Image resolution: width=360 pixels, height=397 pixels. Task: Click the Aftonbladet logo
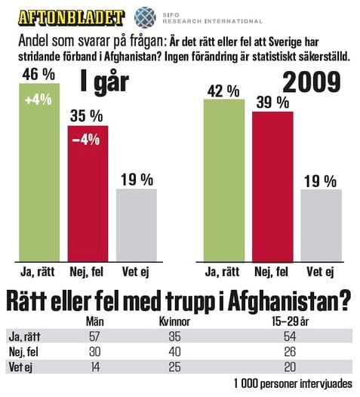point(71,17)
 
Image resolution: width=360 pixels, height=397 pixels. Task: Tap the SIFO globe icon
point(145,17)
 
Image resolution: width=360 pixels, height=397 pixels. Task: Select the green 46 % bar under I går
point(39,172)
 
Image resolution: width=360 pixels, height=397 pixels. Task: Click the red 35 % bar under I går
point(88,193)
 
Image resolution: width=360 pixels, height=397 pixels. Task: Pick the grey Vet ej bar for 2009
point(322,226)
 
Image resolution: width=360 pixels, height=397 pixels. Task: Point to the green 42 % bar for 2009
point(224,180)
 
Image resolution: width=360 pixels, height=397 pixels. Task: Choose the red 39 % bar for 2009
point(272,186)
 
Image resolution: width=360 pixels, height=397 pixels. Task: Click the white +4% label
point(38,100)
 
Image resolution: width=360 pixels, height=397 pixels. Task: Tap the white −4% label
point(86,140)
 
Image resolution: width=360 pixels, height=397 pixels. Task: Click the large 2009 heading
point(312,82)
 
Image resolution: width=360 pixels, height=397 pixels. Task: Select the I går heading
point(105,82)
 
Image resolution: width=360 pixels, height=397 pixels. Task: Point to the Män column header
point(95,322)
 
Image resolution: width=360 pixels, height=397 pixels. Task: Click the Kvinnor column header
point(174,322)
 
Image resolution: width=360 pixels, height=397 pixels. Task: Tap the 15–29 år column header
point(291,322)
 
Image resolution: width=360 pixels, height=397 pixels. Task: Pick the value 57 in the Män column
point(94,337)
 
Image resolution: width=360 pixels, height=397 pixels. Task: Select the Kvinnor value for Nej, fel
point(174,352)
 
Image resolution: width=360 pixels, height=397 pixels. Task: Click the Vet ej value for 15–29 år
point(290,367)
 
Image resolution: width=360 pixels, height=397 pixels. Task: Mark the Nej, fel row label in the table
point(23,352)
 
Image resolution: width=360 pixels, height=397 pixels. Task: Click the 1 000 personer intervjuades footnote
point(293,384)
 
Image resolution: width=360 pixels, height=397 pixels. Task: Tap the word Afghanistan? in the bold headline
point(289,302)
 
